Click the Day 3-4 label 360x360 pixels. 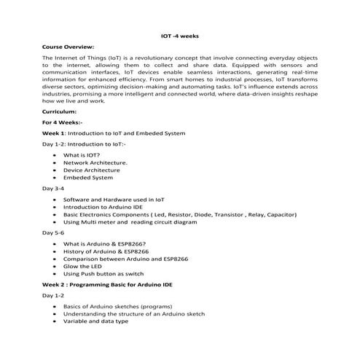(x=53, y=188)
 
